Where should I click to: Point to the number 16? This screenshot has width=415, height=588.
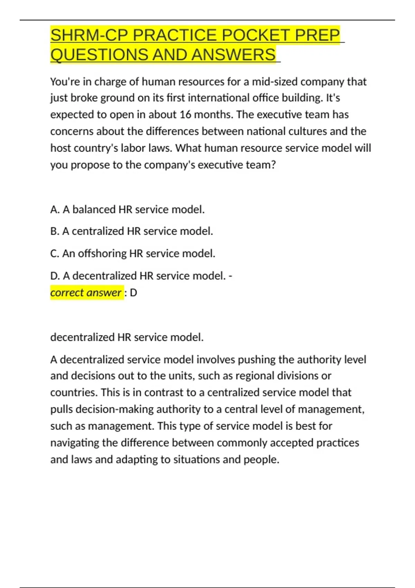coord(185,114)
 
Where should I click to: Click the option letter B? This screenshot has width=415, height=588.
coord(55,231)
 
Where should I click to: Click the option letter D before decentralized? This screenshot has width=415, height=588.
coord(55,276)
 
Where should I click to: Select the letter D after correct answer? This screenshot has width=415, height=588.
coord(133,293)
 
